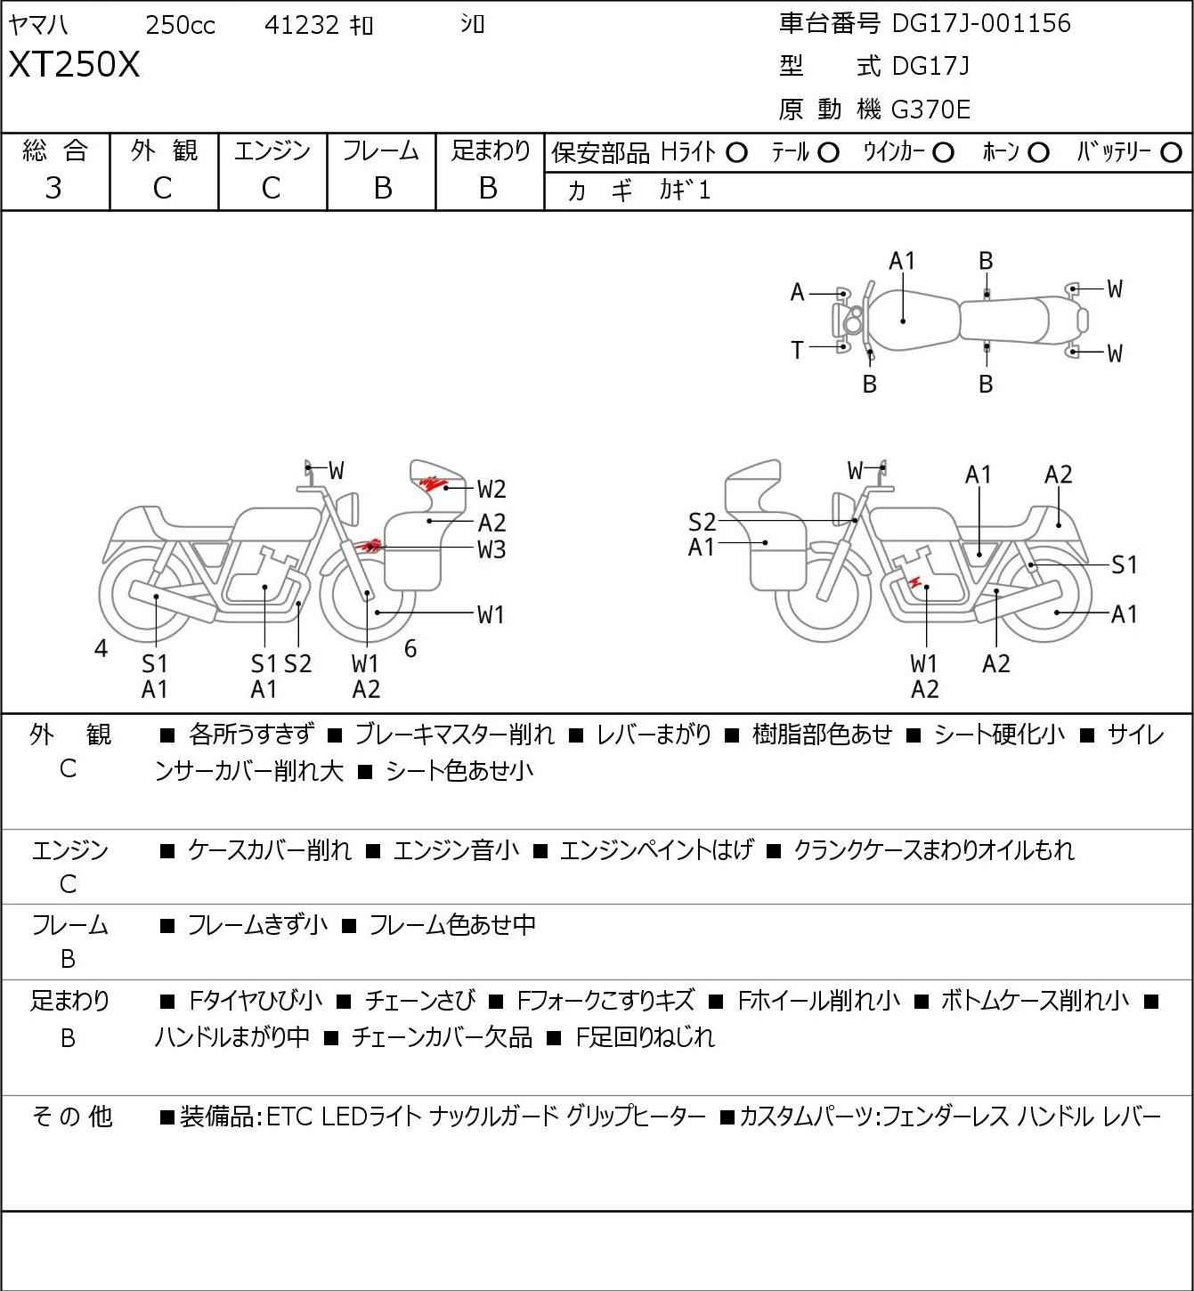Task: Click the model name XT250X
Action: (74, 64)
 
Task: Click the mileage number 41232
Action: (302, 25)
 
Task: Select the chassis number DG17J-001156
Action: (980, 23)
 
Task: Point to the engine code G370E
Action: (930, 110)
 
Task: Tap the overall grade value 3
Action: (54, 188)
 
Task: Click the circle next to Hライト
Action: (736, 153)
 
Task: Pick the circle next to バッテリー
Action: (1171, 153)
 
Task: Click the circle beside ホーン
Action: (1038, 153)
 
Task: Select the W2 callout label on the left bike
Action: (491, 489)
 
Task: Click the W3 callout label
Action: (491, 550)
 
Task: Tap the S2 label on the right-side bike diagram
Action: (702, 522)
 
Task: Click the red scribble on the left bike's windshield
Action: (432, 483)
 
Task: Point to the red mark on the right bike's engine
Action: (916, 581)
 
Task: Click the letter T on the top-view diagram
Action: (797, 351)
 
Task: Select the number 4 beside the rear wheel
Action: (101, 648)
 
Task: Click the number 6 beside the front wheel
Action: (410, 648)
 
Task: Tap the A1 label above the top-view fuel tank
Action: (902, 262)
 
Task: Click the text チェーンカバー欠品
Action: (442, 1037)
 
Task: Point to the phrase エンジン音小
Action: (456, 850)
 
